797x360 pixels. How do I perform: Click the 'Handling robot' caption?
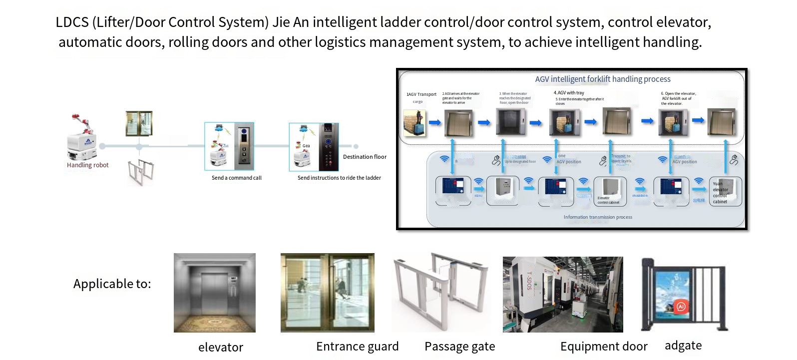pyautogui.click(x=87, y=165)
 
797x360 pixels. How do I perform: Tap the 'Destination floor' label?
pyautogui.click(x=365, y=157)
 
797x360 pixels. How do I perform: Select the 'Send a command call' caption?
pyautogui.click(x=236, y=178)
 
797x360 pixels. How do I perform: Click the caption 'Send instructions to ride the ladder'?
pyautogui.click(x=339, y=178)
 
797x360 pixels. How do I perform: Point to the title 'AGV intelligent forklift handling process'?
pyautogui.click(x=603, y=79)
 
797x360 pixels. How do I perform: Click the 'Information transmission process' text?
pyautogui.click(x=598, y=217)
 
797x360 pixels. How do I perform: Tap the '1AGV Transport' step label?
pyautogui.click(x=421, y=94)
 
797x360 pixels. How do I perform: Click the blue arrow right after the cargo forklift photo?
pyautogui.click(x=435, y=122)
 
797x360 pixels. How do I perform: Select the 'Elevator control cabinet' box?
pyautogui.click(x=609, y=192)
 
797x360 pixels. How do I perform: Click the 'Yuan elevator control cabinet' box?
pyautogui.click(x=725, y=192)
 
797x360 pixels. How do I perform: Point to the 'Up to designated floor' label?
pyautogui.click(x=520, y=162)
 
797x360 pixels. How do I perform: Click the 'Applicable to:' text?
pyautogui.click(x=112, y=284)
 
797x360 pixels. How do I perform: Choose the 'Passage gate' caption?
pyautogui.click(x=459, y=346)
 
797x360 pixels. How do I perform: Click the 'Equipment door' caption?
pyautogui.click(x=604, y=346)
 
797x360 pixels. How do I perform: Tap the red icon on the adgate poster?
pyautogui.click(x=681, y=307)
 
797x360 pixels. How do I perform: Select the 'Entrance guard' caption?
pyautogui.click(x=357, y=346)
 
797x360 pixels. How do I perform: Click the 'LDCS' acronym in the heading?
pyautogui.click(x=72, y=22)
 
